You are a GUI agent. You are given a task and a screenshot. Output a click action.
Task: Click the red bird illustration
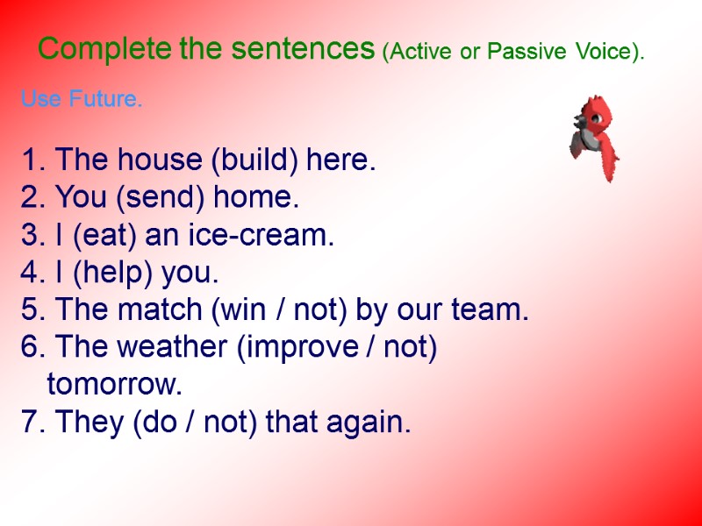point(593,138)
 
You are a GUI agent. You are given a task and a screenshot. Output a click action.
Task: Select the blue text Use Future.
point(81,100)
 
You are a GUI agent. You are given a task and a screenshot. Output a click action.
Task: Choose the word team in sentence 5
point(497,311)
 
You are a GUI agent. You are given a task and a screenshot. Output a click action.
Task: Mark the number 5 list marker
point(30,311)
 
